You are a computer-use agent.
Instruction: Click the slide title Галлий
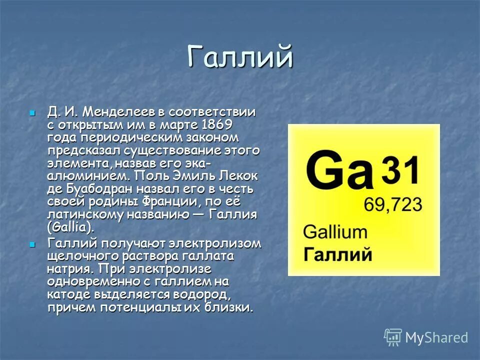click(240, 57)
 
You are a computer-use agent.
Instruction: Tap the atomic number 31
click(400, 170)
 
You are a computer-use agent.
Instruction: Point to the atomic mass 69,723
click(392, 204)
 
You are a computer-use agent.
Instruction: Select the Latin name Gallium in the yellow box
click(335, 232)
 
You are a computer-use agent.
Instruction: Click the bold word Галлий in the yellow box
click(338, 254)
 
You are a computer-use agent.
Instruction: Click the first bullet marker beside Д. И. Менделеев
click(33, 112)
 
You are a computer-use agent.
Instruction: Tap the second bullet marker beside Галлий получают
click(33, 244)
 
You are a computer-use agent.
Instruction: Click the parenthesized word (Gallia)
click(70, 228)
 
